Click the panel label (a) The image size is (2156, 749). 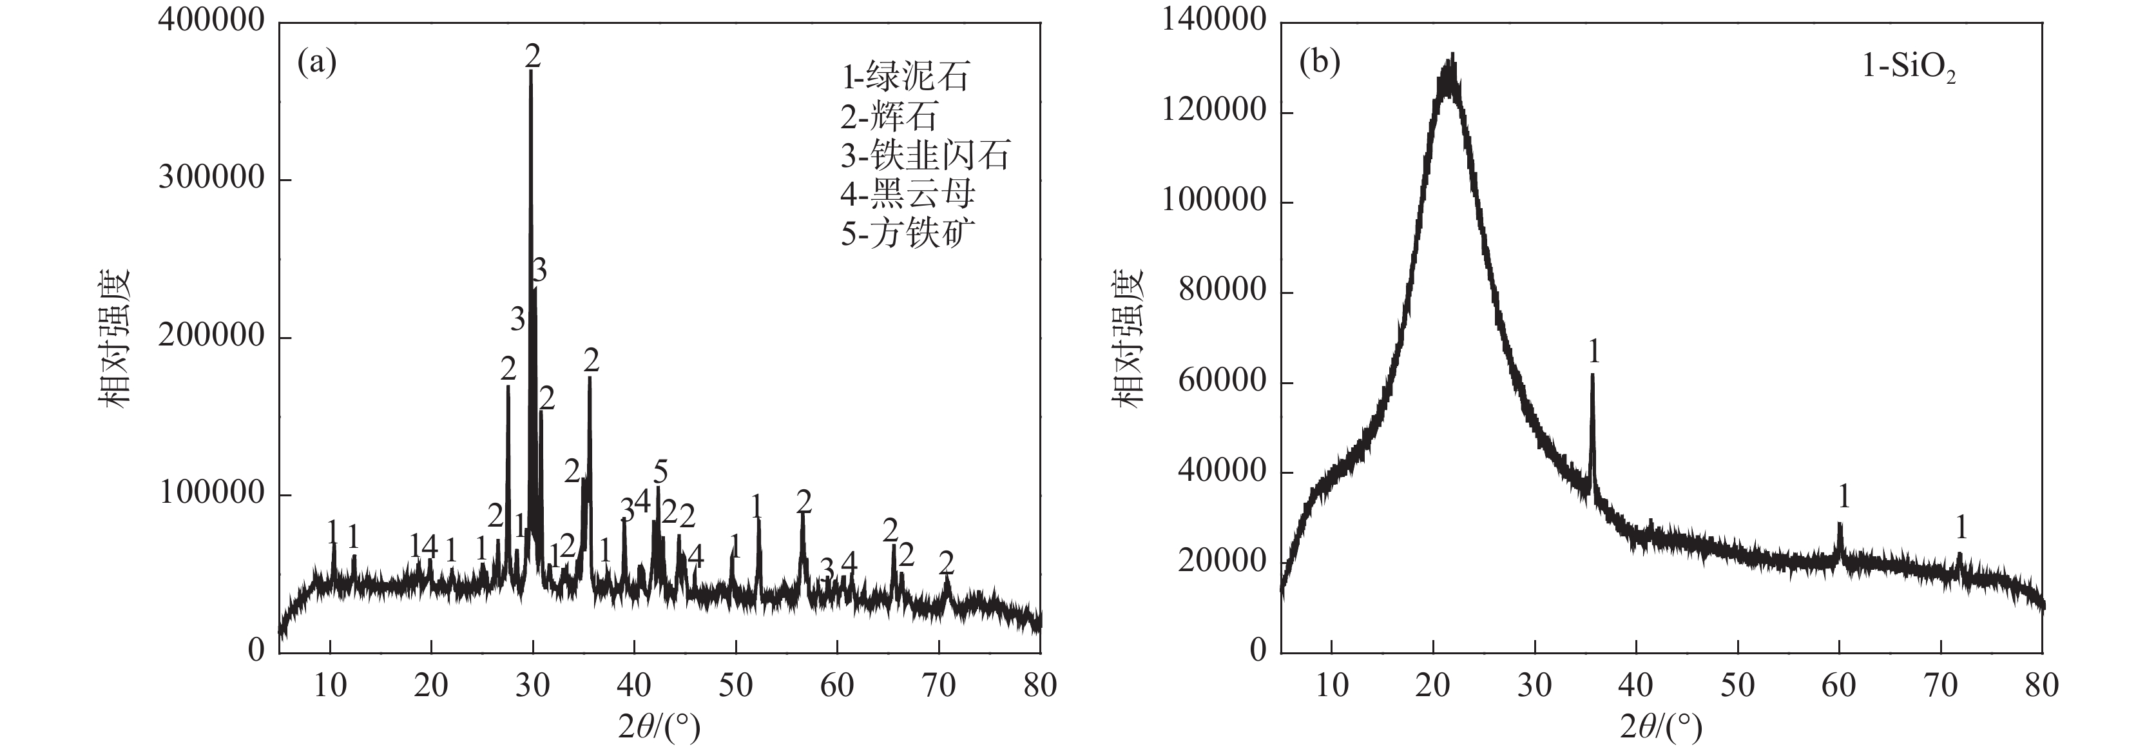coord(317,63)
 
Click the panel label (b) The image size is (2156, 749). coord(1319,63)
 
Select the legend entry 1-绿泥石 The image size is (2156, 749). coord(905,77)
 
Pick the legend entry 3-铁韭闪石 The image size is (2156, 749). coord(925,155)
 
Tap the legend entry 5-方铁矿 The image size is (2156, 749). coord(907,233)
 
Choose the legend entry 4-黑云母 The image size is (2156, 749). coord(907,194)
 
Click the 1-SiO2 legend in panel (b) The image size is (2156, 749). coord(1909,67)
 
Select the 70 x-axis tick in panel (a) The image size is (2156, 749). coord(938,685)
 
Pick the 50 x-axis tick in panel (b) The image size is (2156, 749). coord(1738,685)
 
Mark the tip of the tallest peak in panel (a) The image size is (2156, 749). coord(531,72)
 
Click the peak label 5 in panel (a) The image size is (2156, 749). coord(661,471)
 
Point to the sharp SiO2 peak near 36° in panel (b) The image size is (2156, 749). coord(1592,376)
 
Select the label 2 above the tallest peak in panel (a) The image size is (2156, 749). coord(533,56)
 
